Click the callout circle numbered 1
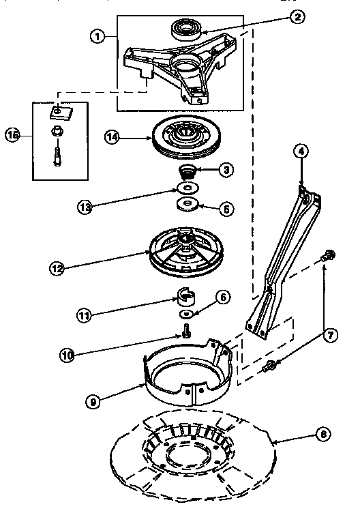pos(100,36)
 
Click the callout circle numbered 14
pos(114,137)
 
